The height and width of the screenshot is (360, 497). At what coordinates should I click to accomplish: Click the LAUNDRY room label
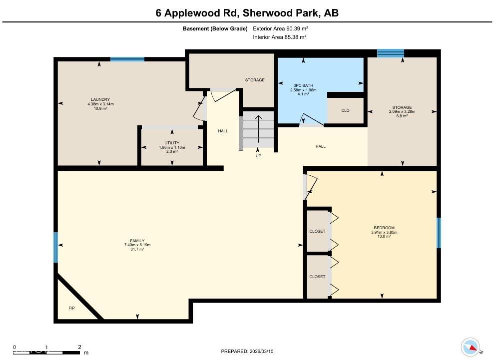[100, 99]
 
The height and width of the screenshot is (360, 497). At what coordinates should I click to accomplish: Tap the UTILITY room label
[172, 143]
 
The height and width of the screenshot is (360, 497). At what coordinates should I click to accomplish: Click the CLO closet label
[345, 110]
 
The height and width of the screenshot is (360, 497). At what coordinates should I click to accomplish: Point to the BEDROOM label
[384, 228]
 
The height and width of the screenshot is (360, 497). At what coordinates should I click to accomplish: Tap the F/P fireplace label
[72, 308]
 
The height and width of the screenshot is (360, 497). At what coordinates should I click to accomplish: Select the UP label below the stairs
[258, 156]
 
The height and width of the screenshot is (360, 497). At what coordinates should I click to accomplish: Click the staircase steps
[258, 129]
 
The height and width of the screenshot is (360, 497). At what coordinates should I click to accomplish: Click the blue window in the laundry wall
[127, 59]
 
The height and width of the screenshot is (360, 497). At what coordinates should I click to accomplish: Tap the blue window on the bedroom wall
[439, 233]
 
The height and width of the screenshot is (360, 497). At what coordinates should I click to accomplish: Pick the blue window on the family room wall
[56, 247]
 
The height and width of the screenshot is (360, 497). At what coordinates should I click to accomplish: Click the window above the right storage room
[390, 53]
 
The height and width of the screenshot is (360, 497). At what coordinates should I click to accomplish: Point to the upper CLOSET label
[317, 231]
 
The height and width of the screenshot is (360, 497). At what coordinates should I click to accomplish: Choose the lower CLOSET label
[317, 277]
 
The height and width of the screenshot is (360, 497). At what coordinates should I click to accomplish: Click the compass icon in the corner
[471, 346]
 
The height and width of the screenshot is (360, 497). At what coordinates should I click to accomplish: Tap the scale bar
[47, 350]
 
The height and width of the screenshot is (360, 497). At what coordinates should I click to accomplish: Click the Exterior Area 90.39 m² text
[280, 29]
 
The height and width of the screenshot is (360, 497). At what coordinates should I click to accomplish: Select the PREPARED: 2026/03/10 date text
[247, 352]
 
